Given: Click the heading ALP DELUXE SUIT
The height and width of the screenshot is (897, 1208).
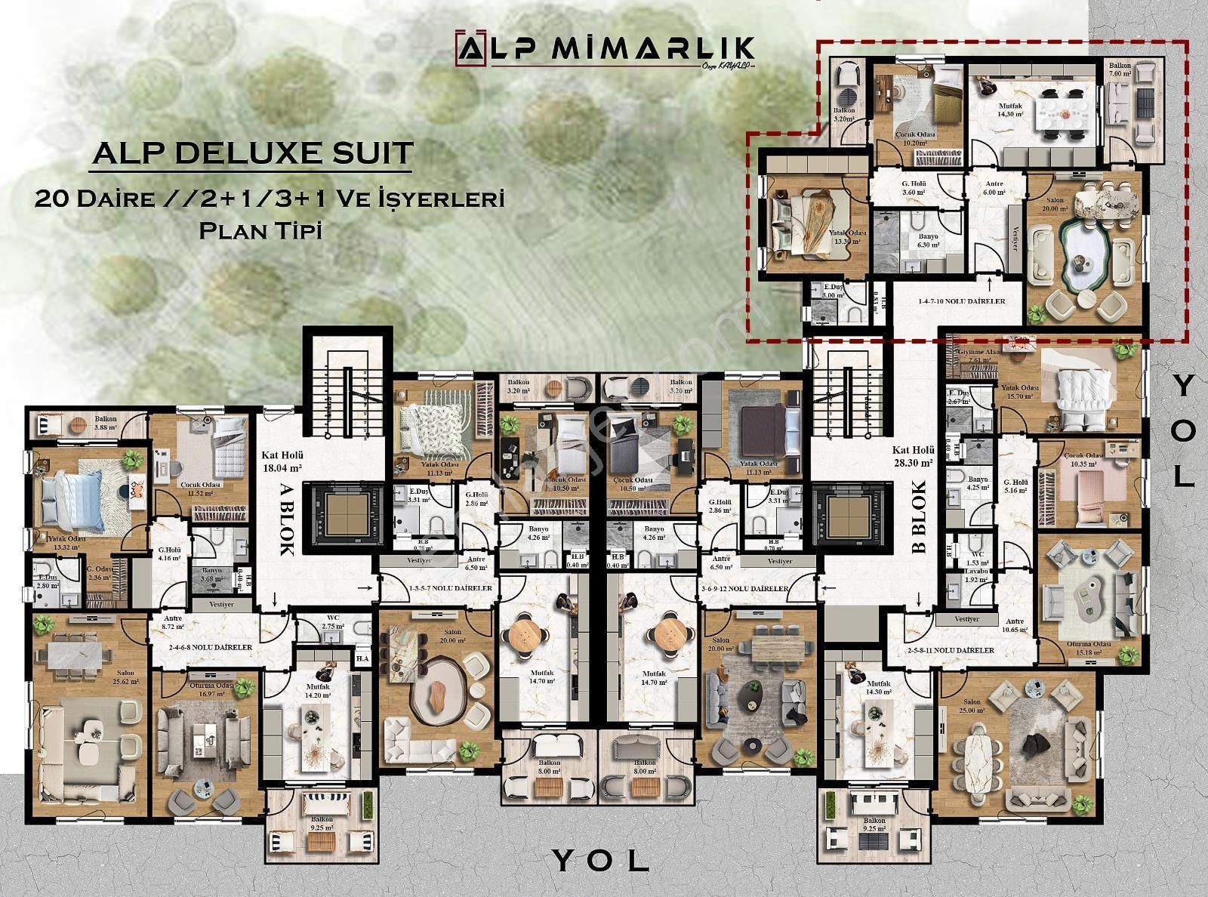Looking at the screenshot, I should pyautogui.click(x=252, y=153).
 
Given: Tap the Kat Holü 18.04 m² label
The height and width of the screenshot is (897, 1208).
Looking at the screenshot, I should pyautogui.click(x=282, y=461).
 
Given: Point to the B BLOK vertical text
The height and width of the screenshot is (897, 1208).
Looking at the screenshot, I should pyautogui.click(x=918, y=519).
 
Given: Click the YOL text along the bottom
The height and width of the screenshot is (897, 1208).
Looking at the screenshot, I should pyautogui.click(x=600, y=859).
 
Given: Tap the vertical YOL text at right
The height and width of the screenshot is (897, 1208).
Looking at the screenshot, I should pyautogui.click(x=1185, y=431).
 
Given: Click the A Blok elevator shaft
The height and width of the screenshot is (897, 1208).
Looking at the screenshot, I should pyautogui.click(x=344, y=514).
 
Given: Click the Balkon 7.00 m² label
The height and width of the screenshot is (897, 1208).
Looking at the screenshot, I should pyautogui.click(x=1120, y=71).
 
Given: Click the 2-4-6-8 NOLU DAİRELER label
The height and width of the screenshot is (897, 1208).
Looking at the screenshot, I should pyautogui.click(x=211, y=647).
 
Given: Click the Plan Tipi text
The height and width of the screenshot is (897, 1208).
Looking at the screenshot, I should pyautogui.click(x=260, y=230).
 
